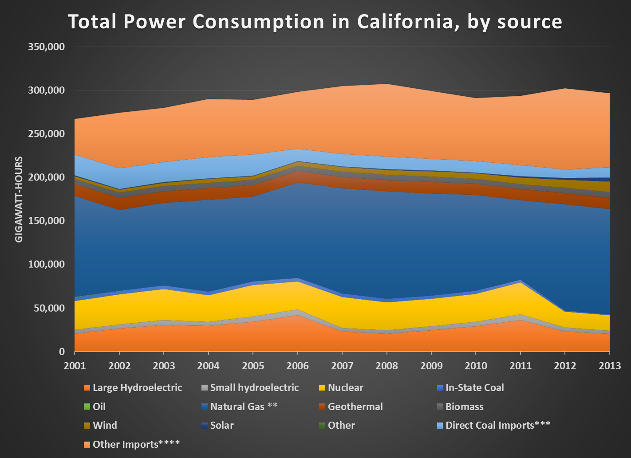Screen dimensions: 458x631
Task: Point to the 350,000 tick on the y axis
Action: click(x=46, y=47)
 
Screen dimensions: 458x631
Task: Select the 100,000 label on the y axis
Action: click(x=46, y=265)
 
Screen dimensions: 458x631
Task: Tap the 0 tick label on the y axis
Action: click(x=62, y=352)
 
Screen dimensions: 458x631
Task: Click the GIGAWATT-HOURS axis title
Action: click(x=19, y=200)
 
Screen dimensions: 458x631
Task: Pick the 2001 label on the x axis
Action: click(x=75, y=366)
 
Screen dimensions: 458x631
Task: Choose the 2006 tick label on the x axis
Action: click(x=297, y=366)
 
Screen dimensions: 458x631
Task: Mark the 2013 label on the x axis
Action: click(x=610, y=366)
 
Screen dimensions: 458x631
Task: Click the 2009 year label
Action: click(x=431, y=366)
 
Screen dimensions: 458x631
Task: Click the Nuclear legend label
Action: click(x=345, y=388)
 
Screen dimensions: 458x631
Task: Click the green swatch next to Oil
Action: click(x=87, y=407)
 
